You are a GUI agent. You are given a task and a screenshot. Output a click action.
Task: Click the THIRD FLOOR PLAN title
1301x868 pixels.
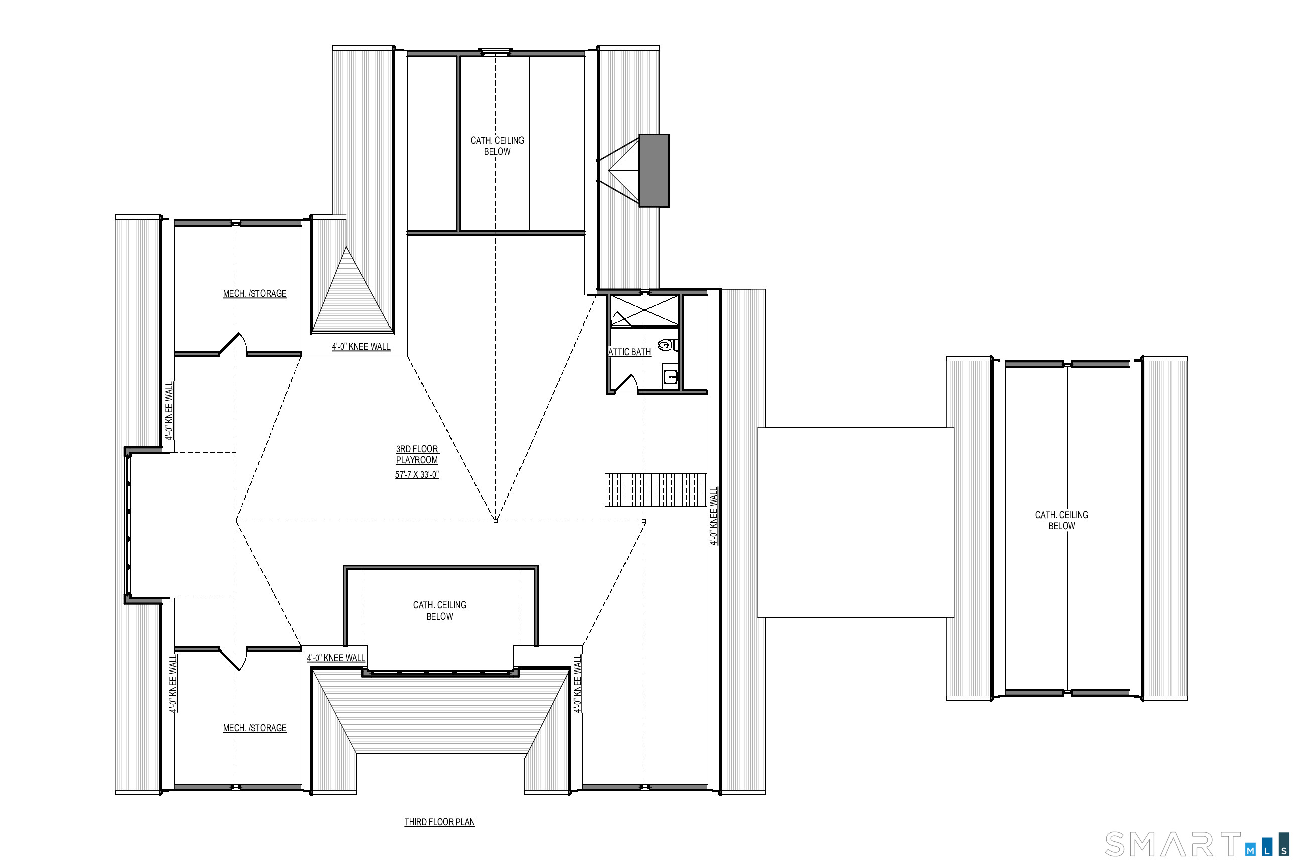coord(439,822)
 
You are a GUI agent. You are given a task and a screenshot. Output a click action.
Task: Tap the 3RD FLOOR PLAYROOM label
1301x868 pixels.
coord(417,455)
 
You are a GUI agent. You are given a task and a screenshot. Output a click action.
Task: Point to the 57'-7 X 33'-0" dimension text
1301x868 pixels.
coord(417,474)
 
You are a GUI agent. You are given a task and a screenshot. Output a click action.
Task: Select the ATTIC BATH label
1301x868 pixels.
coord(629,352)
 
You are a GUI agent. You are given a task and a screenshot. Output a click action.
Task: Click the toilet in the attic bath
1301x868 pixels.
coord(668,345)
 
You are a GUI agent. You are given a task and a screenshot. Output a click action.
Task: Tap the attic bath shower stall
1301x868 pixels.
coord(645,311)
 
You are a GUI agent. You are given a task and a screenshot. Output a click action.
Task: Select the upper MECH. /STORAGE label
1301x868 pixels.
coord(254,294)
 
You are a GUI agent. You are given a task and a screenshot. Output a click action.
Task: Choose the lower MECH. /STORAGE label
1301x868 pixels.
coord(254,728)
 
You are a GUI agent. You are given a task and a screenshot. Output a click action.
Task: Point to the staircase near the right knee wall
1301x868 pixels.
coord(656,490)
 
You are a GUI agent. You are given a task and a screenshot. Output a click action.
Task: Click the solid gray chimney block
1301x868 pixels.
coord(655,170)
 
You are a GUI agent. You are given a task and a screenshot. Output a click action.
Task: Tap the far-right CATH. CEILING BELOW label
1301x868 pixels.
coord(1062,520)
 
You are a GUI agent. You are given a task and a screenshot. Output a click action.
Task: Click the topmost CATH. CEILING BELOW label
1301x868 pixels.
coord(497,146)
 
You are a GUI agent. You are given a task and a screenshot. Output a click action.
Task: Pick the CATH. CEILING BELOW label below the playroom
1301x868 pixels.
coord(440,611)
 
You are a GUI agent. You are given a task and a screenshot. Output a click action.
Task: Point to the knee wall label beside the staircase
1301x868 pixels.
coord(714,516)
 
